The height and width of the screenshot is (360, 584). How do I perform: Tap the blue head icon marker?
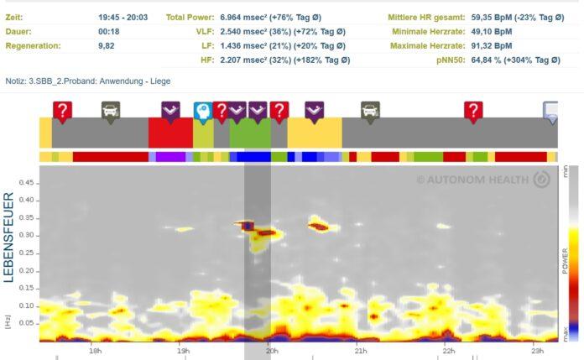(x=202, y=111)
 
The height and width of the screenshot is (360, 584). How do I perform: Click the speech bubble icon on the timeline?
(x=551, y=111)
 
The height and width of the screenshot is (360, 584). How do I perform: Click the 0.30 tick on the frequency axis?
(x=28, y=234)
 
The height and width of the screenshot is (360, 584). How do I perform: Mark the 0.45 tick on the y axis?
(x=28, y=182)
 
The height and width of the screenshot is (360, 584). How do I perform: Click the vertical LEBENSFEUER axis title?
(x=9, y=237)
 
